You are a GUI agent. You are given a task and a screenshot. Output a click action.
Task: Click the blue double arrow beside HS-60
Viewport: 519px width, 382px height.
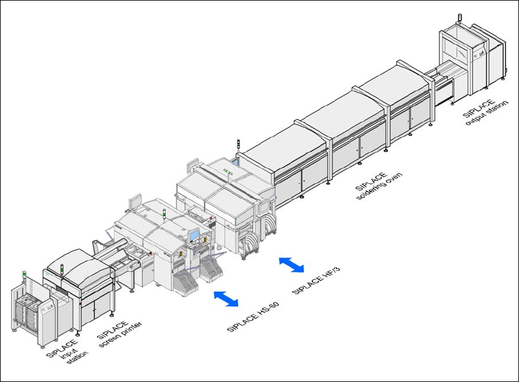pos(226,298)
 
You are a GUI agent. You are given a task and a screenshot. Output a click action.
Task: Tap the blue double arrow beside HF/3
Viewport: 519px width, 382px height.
pos(291,264)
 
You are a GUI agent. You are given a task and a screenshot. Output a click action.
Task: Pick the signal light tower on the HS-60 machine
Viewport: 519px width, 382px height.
pos(164,214)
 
